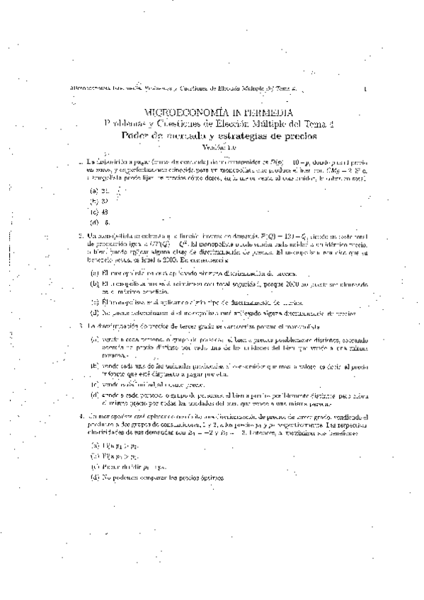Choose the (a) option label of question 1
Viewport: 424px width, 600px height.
(93, 190)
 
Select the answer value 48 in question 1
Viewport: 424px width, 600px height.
(105, 211)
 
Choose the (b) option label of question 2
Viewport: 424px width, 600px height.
(93, 283)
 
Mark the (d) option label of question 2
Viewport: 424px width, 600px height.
(93, 311)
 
